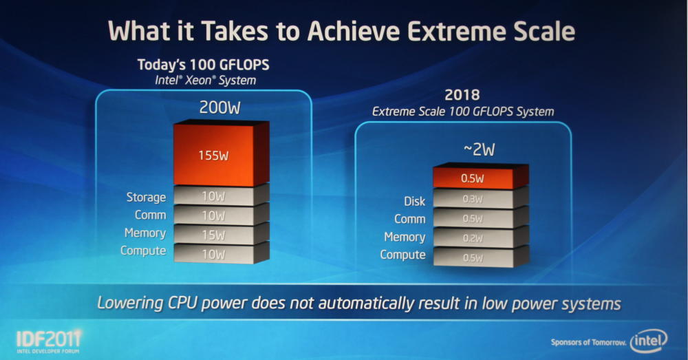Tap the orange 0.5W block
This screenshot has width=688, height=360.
[480, 176]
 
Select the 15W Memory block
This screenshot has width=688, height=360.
[221, 233]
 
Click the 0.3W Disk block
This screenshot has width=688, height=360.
[480, 198]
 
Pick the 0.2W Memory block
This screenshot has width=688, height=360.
[480, 237]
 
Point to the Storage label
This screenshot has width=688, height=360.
[146, 198]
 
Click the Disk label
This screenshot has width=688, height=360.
[415, 201]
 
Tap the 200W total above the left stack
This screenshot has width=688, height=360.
[220, 107]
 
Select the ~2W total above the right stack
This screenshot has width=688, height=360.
[479, 149]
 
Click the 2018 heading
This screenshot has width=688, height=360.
[462, 95]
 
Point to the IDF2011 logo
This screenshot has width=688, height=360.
[49, 341]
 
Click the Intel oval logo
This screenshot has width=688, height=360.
[649, 341]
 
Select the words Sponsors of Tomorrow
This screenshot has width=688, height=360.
[588, 342]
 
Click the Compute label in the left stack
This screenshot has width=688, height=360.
[143, 251]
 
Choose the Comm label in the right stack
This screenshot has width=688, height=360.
[410, 219]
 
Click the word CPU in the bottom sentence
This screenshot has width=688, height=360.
[182, 303]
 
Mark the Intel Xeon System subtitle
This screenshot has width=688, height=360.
[205, 81]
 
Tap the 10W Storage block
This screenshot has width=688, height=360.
[221, 195]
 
